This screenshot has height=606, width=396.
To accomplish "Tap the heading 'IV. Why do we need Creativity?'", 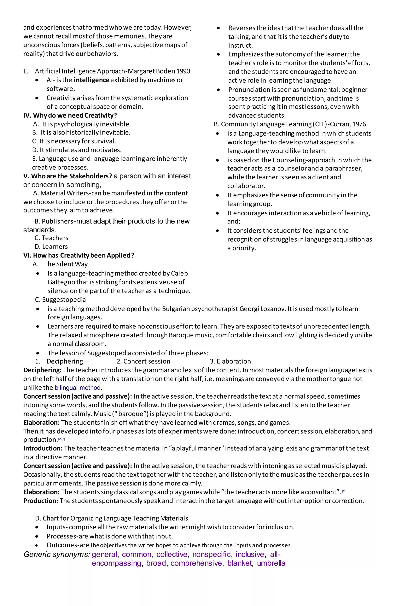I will pos(70,115).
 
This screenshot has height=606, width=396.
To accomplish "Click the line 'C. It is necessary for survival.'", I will pos(74,141).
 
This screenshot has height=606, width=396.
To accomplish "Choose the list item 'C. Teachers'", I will pos(51,238).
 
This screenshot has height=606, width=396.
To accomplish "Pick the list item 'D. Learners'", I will pos(51,247).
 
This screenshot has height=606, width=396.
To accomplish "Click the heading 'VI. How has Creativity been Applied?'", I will pos(79,255).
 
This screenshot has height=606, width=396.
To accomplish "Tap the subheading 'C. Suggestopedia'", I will pos(60,300).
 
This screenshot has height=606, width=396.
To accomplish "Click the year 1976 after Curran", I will pos(359,124).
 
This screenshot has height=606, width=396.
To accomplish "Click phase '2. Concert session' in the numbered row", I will pos(143,361).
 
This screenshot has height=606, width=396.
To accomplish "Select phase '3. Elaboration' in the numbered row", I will pos(230,361).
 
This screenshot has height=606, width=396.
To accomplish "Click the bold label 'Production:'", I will pos(41,501).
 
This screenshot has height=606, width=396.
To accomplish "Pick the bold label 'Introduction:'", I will pos(43,448).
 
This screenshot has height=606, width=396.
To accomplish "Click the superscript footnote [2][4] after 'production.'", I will pos(62,439).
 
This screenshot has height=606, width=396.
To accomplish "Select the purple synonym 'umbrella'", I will pos(271,563).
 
